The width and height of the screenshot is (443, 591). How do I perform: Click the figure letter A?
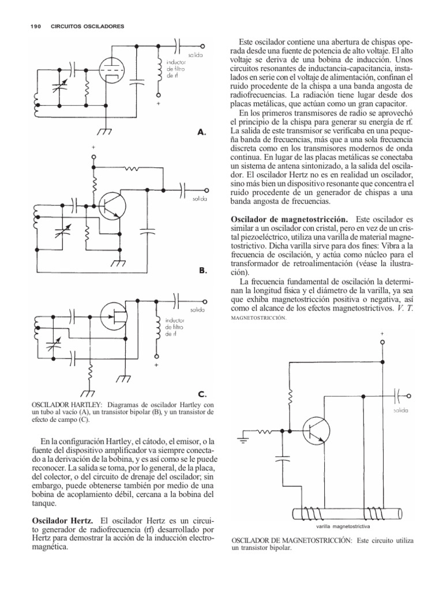202,132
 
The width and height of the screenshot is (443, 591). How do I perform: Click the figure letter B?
202,270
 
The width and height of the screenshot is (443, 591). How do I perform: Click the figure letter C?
202,395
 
